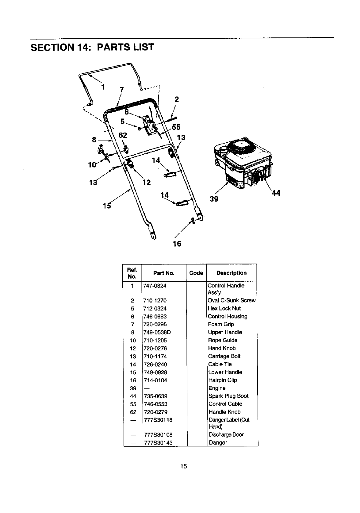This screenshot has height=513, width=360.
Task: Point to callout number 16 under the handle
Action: [177, 244]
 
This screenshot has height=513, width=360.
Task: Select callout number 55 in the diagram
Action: [176, 127]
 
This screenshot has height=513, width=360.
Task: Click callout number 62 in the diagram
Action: [123, 135]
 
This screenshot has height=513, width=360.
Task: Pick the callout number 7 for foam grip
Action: [122, 90]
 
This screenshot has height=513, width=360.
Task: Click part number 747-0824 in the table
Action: [155, 286]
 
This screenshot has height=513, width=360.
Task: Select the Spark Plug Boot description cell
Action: [228, 396]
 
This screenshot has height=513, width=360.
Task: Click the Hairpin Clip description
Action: [222, 380]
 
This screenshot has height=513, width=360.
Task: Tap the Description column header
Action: [231, 273]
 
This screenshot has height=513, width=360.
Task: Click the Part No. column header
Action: [164, 273]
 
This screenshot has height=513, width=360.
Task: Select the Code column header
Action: [196, 273]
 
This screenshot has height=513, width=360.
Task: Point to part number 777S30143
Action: [158, 443]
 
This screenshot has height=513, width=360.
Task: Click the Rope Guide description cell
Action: [223, 340]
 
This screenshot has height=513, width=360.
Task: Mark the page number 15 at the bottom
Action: [183, 467]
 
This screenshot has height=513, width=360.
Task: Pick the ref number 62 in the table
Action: [133, 412]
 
